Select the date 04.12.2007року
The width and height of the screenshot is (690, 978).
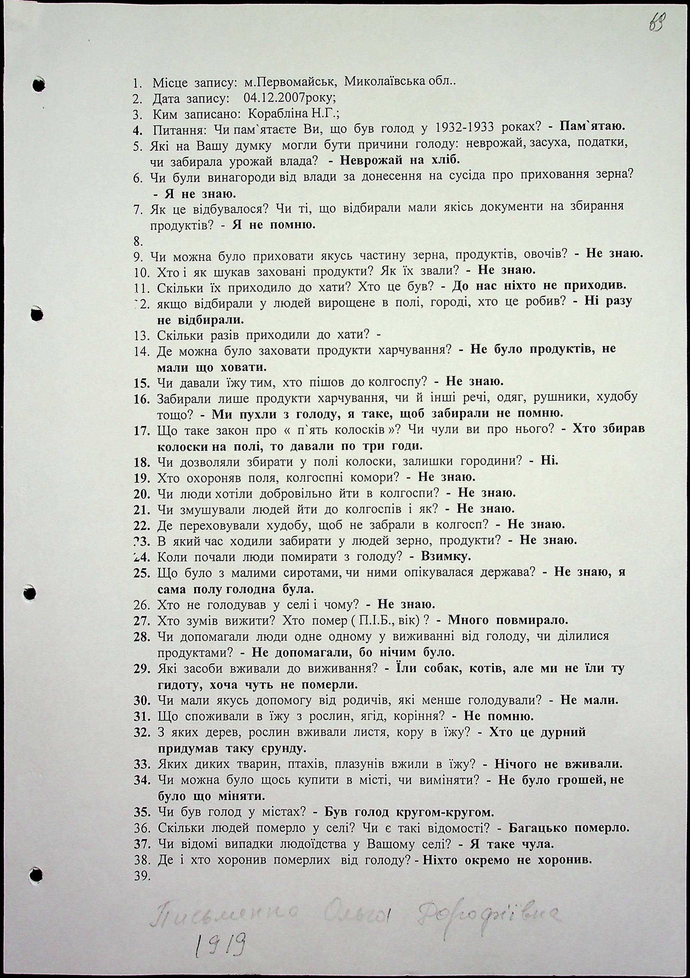[290, 98]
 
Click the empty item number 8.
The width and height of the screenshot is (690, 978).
[138, 242]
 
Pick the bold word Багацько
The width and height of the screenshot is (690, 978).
[538, 828]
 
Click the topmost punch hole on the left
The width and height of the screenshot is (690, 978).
[39, 84]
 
